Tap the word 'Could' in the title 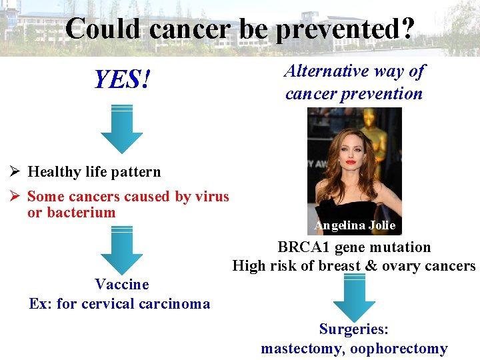click(104, 29)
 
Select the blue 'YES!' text click(122, 81)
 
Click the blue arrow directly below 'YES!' click(121, 129)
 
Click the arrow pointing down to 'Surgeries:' click(354, 298)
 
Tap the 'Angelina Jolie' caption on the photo click(355, 225)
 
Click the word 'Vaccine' click(121, 285)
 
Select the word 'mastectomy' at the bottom click(302, 349)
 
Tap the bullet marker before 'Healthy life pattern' click(17, 172)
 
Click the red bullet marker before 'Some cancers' click(17, 197)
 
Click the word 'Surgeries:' click(354, 329)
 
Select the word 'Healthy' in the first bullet click(53, 172)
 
